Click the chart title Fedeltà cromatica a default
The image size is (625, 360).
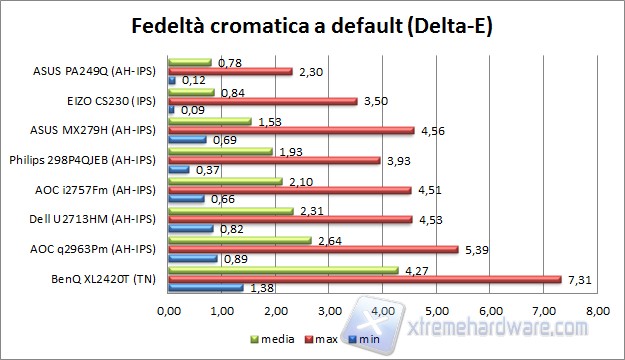[x=312, y=23]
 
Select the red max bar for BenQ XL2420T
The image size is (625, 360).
[x=365, y=278]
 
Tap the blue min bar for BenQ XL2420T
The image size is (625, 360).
[x=206, y=287]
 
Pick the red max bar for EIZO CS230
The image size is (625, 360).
[x=263, y=101]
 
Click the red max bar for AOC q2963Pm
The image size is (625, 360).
[x=313, y=249]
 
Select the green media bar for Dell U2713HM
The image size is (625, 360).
[x=231, y=211]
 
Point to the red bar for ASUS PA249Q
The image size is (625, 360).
[x=231, y=72]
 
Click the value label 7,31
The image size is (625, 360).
[x=578, y=279]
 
